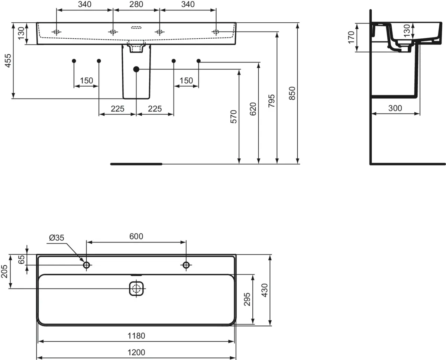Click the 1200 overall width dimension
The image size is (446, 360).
tap(136, 352)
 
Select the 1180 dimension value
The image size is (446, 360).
tap(136, 335)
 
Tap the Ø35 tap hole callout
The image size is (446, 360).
tap(56, 238)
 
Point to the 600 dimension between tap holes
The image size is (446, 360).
tap(136, 236)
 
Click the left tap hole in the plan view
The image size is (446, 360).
tap(87, 265)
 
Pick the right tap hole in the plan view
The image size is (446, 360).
tap(186, 265)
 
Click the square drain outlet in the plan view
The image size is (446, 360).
tap(136, 288)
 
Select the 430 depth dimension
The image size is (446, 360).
tap(265, 290)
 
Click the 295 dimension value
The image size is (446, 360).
tap(247, 299)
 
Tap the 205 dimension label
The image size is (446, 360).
tap(4, 271)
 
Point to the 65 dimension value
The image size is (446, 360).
tap(21, 260)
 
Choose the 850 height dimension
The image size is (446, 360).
tap(292, 93)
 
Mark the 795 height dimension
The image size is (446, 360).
tap(271, 101)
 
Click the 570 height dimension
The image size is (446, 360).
tap(233, 117)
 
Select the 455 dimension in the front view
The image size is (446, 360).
tap(8, 61)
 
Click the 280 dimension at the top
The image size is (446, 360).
tap(136, 4)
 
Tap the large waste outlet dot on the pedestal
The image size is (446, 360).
tap(136, 69)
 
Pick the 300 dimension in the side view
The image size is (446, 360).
tap(395, 108)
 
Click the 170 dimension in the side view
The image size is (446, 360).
tap(351, 37)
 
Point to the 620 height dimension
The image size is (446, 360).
tap(253, 109)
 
